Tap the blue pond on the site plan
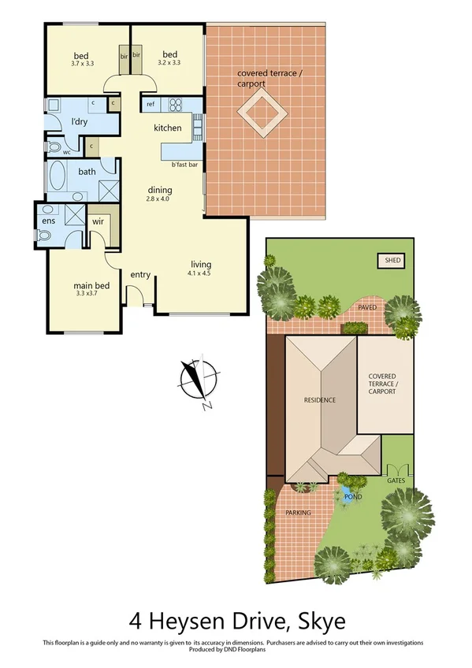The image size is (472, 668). [347, 495]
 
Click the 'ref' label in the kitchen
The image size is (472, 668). [150, 104]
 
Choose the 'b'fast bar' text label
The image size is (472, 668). [184, 165]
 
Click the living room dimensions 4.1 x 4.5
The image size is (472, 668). [199, 273]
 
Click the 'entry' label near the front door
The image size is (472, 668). [140, 274]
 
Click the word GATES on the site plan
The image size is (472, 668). [396, 480]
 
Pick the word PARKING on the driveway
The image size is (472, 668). [298, 513]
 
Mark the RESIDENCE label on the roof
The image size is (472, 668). [320, 400]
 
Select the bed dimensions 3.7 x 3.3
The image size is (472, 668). [82, 62]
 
